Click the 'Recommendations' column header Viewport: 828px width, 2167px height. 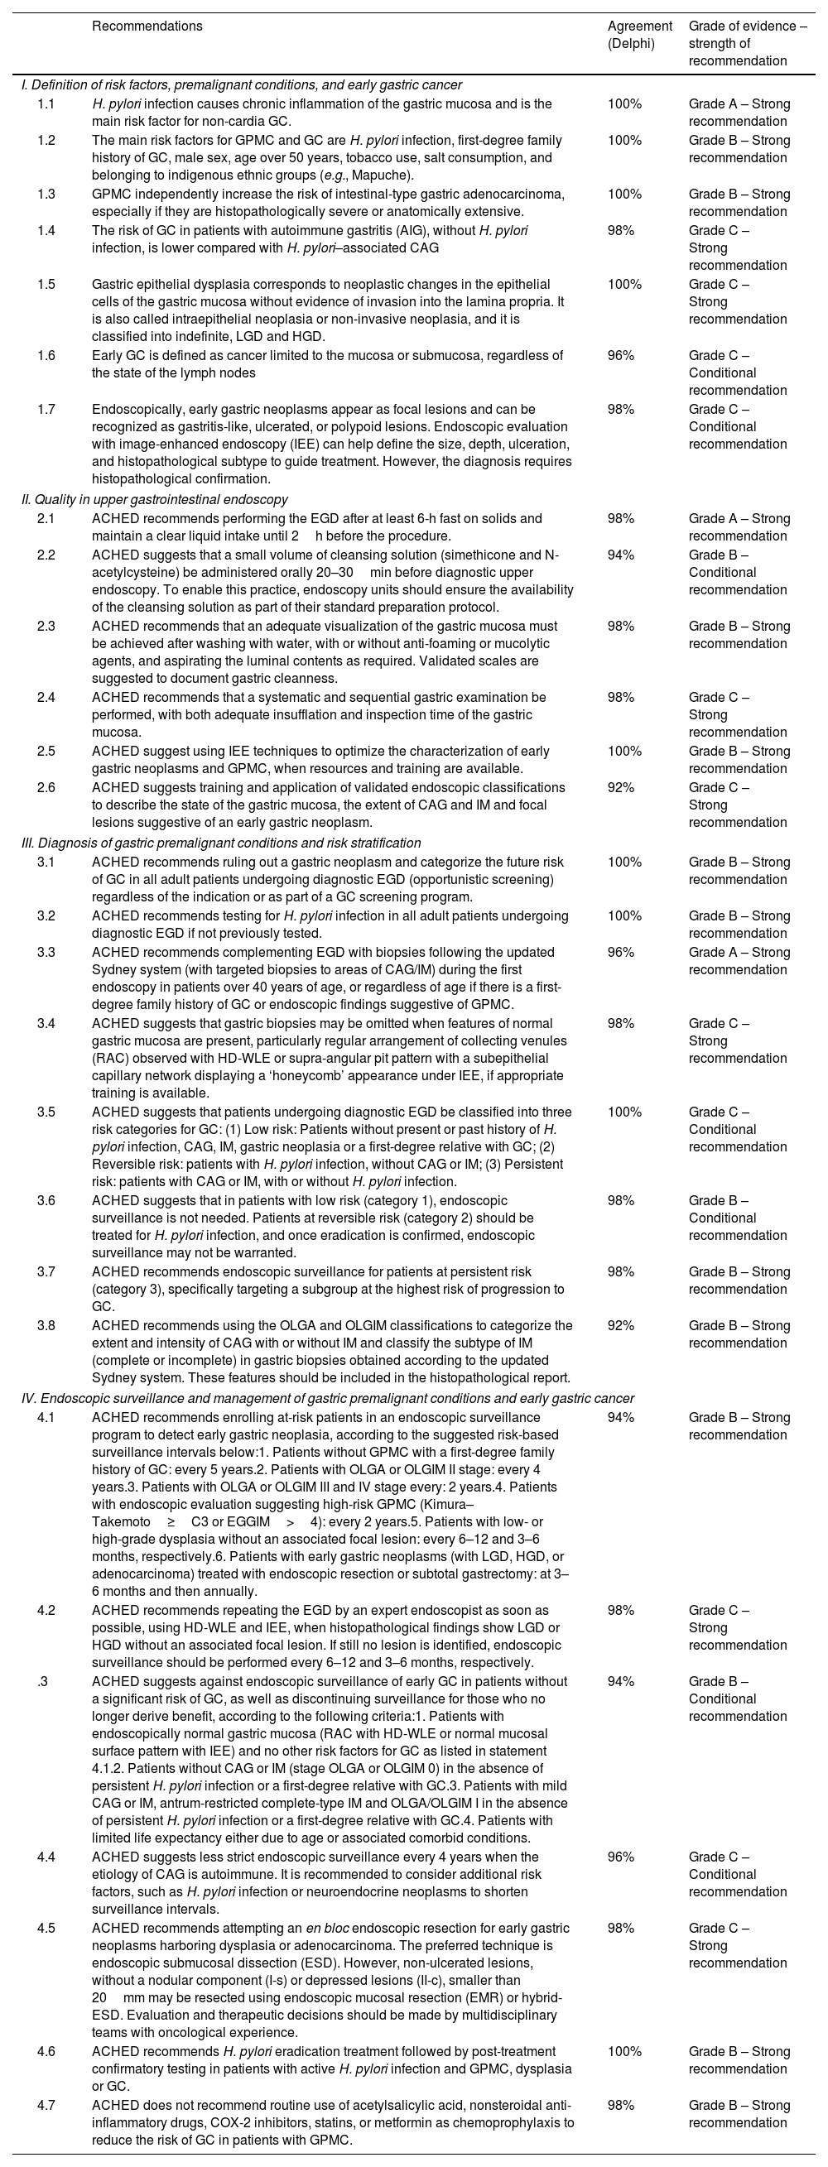147,26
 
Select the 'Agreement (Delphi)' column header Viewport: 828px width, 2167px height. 639,35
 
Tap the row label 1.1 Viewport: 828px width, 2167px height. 46,104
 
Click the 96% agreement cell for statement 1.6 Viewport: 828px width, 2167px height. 621,355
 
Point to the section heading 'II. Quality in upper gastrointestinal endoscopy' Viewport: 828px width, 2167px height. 154,500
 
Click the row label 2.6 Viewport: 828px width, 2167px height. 46,787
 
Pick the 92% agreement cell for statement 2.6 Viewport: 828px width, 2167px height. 621,787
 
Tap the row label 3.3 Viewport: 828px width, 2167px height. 46,952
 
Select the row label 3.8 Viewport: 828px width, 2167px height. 46,1325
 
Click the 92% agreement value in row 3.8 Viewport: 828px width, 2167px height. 621,1325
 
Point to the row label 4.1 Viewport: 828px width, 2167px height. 46,1417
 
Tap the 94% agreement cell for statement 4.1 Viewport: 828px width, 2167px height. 621,1417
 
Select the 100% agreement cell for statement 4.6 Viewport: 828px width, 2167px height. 624,2052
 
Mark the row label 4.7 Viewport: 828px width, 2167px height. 46,2106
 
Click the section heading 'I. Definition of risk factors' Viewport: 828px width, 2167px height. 242,84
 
